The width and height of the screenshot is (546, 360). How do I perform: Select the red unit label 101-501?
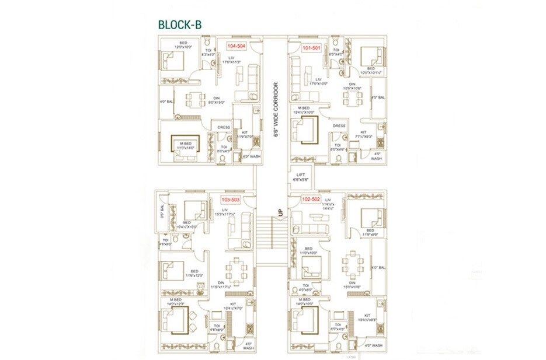point(311,48)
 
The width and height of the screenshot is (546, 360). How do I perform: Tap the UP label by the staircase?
point(281,212)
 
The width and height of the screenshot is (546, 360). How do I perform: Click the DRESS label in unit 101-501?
point(339,125)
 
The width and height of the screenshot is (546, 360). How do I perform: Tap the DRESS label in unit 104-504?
point(224,127)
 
